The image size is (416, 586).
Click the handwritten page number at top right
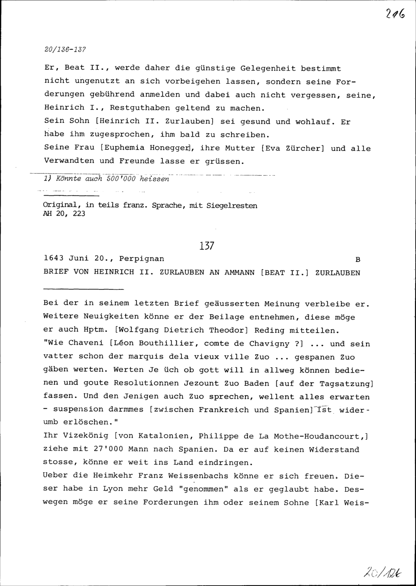pyautogui.click(x=396, y=16)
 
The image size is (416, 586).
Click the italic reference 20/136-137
pyautogui.click(x=64, y=49)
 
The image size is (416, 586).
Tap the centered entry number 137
pyautogui.click(x=207, y=246)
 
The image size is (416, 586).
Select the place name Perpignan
pyautogui.click(x=141, y=259)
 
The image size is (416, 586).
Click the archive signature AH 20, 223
pyautogui.click(x=64, y=214)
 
